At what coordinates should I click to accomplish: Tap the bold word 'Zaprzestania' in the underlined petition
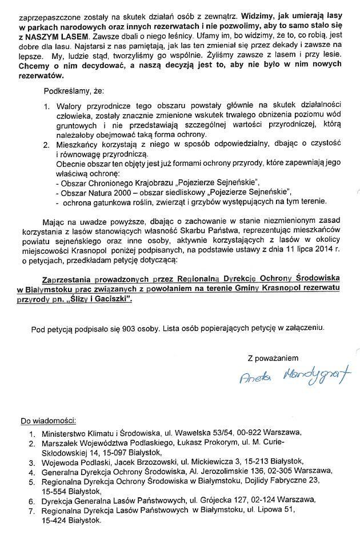pyautogui.click(x=74, y=280)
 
